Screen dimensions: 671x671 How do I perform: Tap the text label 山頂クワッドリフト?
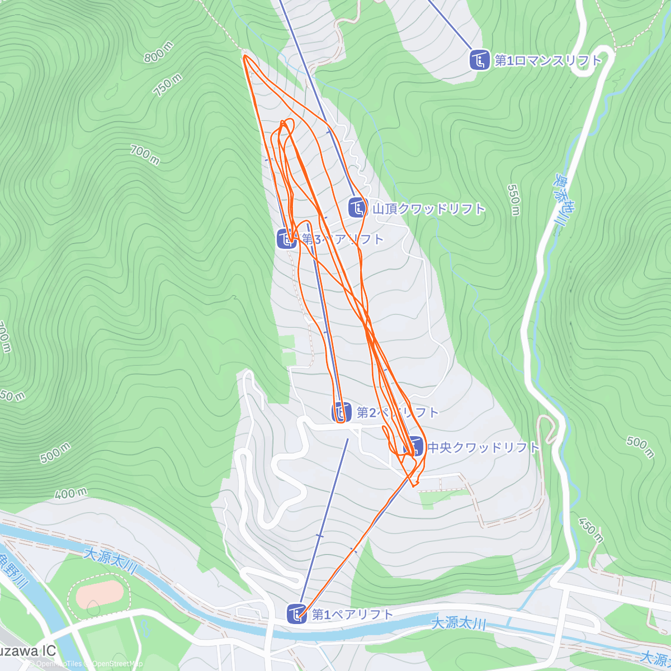[x=429, y=209]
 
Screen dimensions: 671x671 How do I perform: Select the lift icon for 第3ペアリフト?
[x=287, y=239]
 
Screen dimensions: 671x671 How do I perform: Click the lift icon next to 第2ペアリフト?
[x=342, y=413]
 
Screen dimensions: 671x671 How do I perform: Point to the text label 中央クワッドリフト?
[x=484, y=447]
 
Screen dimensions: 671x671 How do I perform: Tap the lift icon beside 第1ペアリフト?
[x=296, y=614]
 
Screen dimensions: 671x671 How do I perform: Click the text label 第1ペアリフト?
[x=353, y=615]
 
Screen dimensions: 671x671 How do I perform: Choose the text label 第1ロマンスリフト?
[x=548, y=60]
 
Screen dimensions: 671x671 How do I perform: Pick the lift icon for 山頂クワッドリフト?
[x=357, y=209]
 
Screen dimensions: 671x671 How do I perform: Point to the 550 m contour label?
[x=514, y=199]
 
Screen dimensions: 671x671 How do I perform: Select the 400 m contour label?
[x=71, y=494]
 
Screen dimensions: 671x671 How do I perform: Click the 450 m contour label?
[x=590, y=531]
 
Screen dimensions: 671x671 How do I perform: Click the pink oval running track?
[x=100, y=594]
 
